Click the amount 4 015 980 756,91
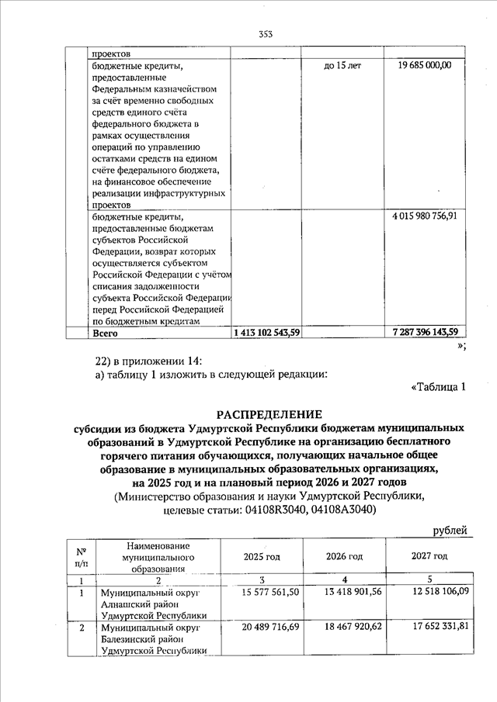(x=425, y=215)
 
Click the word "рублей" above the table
(x=450, y=531)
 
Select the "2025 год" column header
(x=262, y=556)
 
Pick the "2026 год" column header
(x=344, y=556)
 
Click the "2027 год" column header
(x=429, y=556)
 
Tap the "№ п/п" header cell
(x=80, y=556)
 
